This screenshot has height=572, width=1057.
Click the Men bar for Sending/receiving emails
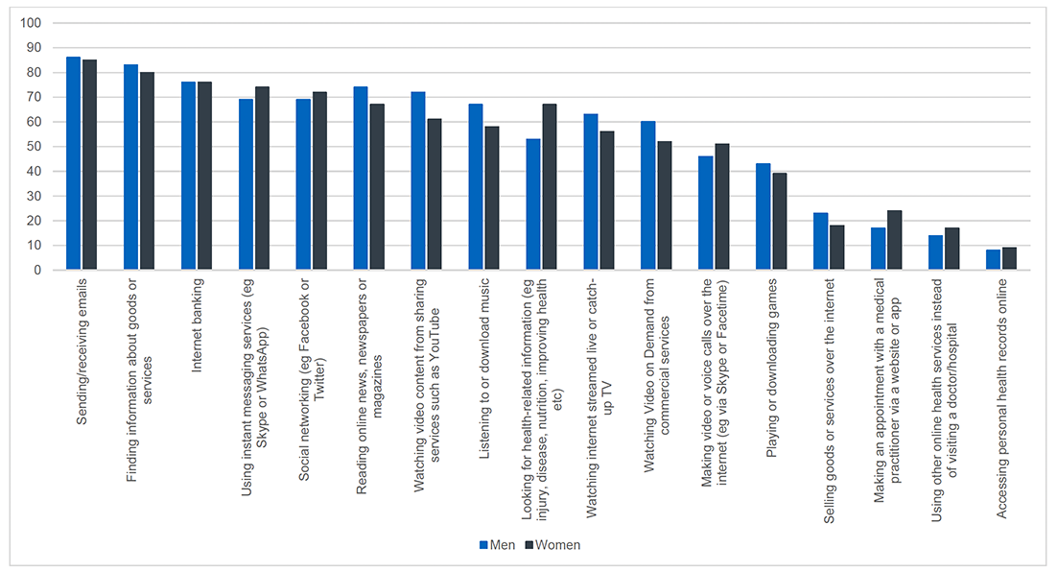73,163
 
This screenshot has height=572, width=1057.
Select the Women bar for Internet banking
204,176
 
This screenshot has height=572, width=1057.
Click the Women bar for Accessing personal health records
1009,259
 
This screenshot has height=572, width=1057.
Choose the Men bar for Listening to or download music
476,187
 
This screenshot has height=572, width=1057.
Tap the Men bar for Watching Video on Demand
648,196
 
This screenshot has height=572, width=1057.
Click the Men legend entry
497,545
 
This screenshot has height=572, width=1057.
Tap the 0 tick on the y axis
36,271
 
